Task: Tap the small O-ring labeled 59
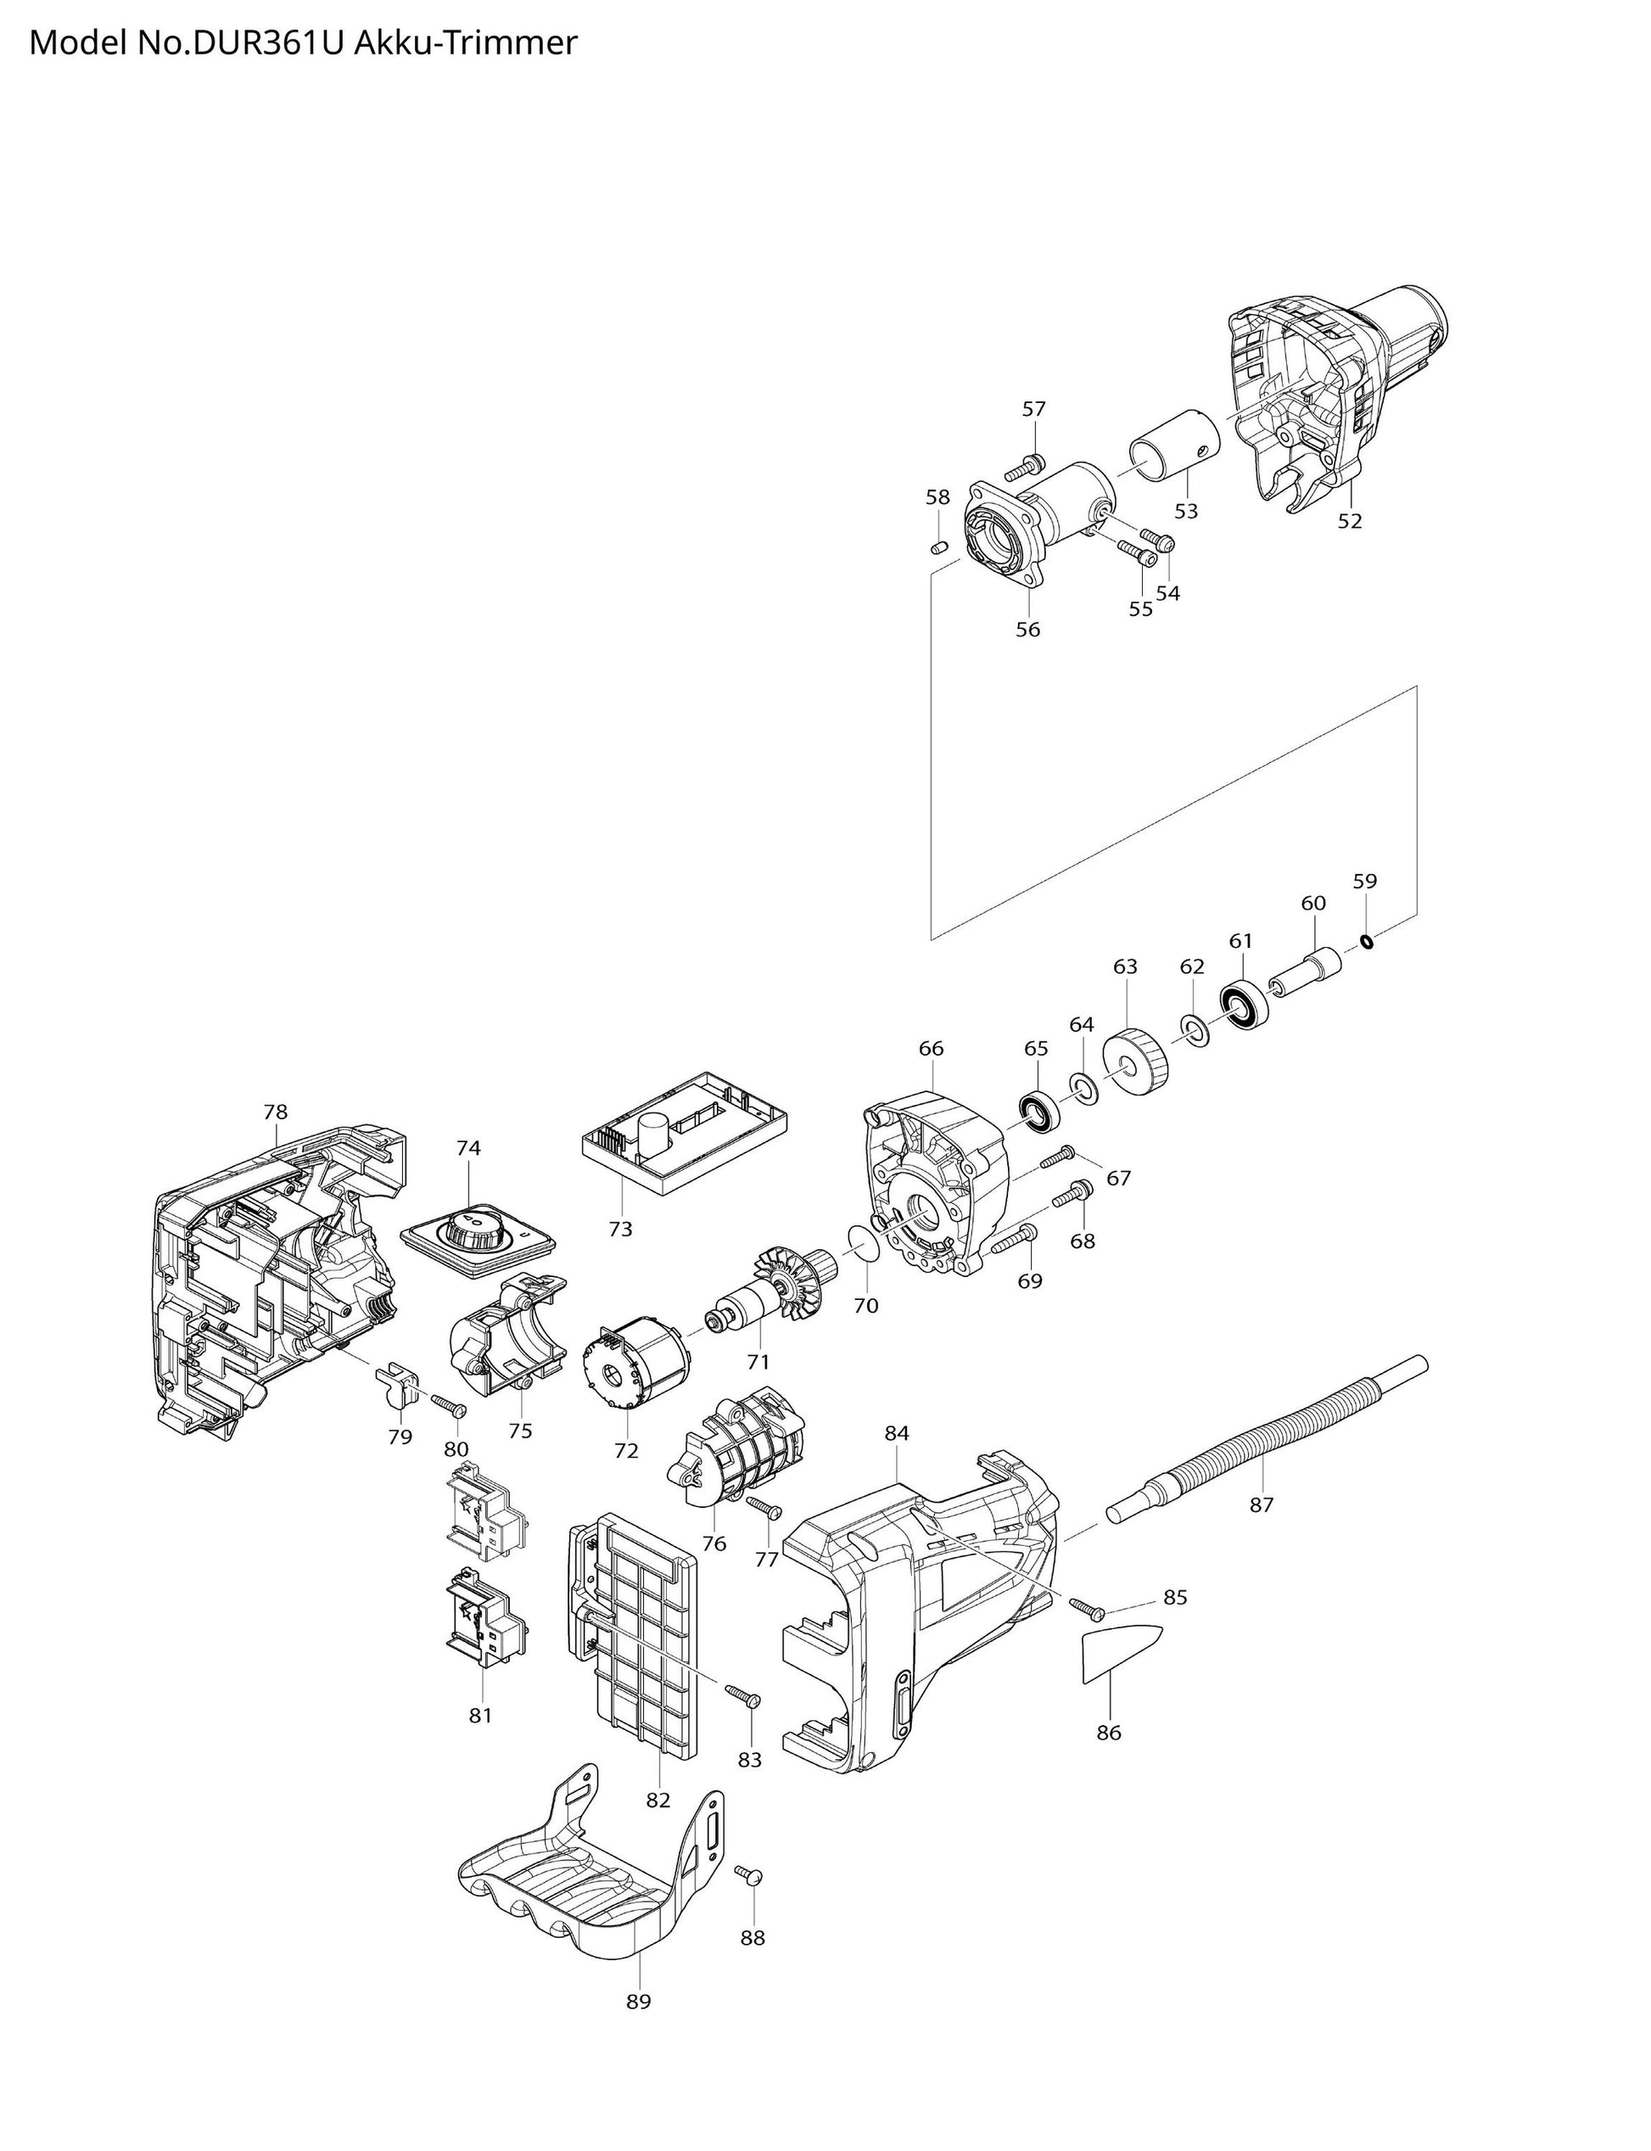1366,943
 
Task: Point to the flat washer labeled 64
1085,1088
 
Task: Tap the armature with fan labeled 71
776,1288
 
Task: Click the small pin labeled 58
938,546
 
